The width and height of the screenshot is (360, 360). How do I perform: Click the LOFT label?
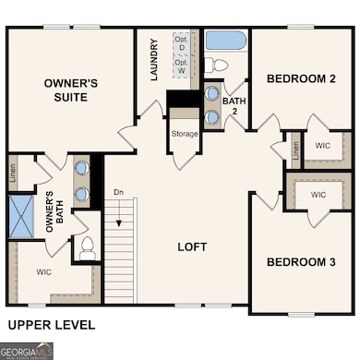192,247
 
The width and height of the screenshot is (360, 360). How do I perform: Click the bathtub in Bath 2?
225,41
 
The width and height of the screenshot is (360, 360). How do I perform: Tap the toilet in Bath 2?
215,66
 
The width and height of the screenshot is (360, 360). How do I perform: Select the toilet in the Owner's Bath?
88,247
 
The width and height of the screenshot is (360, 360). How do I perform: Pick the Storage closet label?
184,134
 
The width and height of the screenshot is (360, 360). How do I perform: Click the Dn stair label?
118,192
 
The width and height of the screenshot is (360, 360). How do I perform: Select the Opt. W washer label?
181,66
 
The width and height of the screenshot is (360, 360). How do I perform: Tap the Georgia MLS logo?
27,351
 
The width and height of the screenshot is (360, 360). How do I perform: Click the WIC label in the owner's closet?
43,273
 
